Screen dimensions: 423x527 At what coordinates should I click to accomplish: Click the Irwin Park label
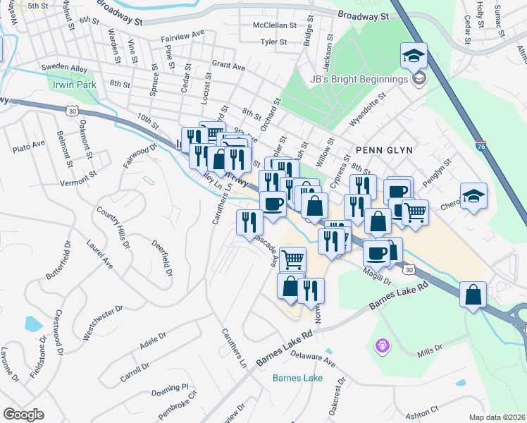[73, 85]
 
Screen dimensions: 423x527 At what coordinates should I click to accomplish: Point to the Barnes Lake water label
[297, 378]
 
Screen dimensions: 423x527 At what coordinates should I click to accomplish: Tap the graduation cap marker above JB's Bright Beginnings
[414, 54]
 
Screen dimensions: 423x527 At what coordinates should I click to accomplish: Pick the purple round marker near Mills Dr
[381, 345]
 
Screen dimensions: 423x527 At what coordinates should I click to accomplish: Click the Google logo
[23, 415]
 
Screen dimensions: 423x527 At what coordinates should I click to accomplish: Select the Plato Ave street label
[28, 145]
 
